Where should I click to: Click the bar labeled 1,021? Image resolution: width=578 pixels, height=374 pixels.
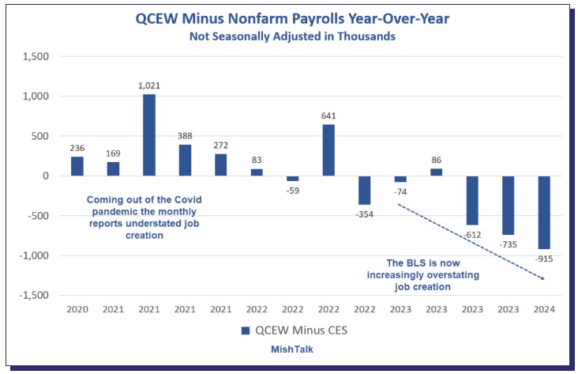click(x=149, y=135)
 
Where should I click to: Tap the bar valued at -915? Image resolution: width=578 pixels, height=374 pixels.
click(x=545, y=212)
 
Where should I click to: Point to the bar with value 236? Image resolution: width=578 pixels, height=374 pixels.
click(x=77, y=166)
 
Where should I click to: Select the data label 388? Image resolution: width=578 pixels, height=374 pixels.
click(x=185, y=134)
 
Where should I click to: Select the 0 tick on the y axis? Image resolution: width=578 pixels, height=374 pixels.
click(x=47, y=176)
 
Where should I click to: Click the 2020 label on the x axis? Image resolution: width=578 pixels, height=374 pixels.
click(x=77, y=309)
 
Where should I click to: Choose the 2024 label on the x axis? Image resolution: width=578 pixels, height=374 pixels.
click(x=545, y=309)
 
